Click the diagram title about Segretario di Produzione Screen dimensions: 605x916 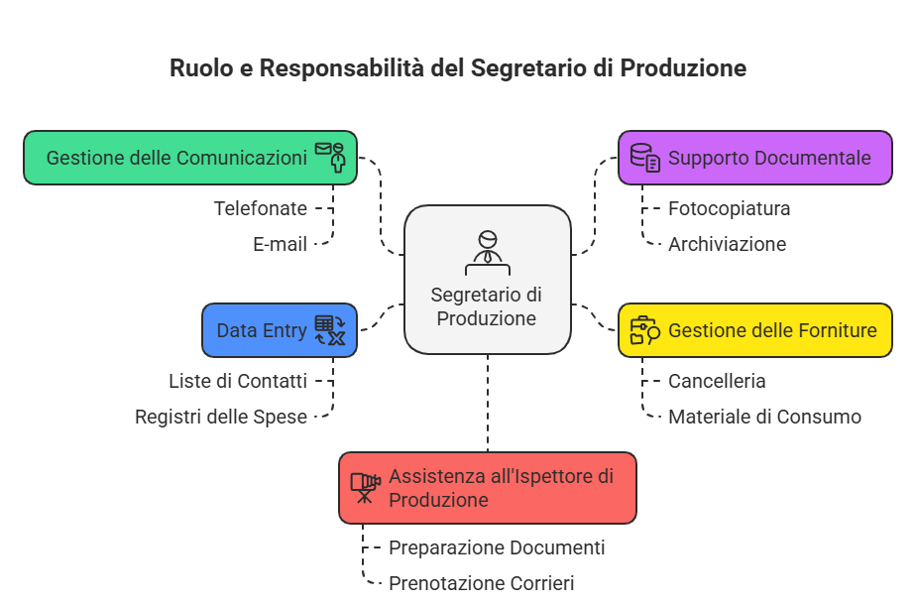pyautogui.click(x=457, y=68)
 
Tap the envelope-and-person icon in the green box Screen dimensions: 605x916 pyautogui.click(x=331, y=157)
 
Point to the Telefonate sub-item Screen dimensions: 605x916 pyautogui.click(x=260, y=208)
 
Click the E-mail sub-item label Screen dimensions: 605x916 pyautogui.click(x=280, y=244)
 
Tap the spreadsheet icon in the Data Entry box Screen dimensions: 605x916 pyautogui.click(x=330, y=330)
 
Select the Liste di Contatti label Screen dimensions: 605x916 pyautogui.click(x=237, y=381)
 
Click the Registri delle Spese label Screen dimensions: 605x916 pyautogui.click(x=221, y=417)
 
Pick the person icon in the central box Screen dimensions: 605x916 pyautogui.click(x=487, y=252)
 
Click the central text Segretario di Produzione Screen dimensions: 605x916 pyautogui.click(x=487, y=306)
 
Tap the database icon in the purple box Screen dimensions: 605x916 pyautogui.click(x=644, y=158)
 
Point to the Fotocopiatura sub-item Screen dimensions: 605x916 pyautogui.click(x=729, y=208)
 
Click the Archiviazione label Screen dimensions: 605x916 pyautogui.click(x=727, y=244)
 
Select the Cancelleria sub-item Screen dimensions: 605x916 pyautogui.click(x=717, y=381)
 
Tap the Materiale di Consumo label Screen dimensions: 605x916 pyautogui.click(x=764, y=417)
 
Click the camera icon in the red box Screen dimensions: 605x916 pyautogui.click(x=365, y=487)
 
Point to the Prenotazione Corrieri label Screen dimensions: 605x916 pyautogui.click(x=481, y=583)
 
